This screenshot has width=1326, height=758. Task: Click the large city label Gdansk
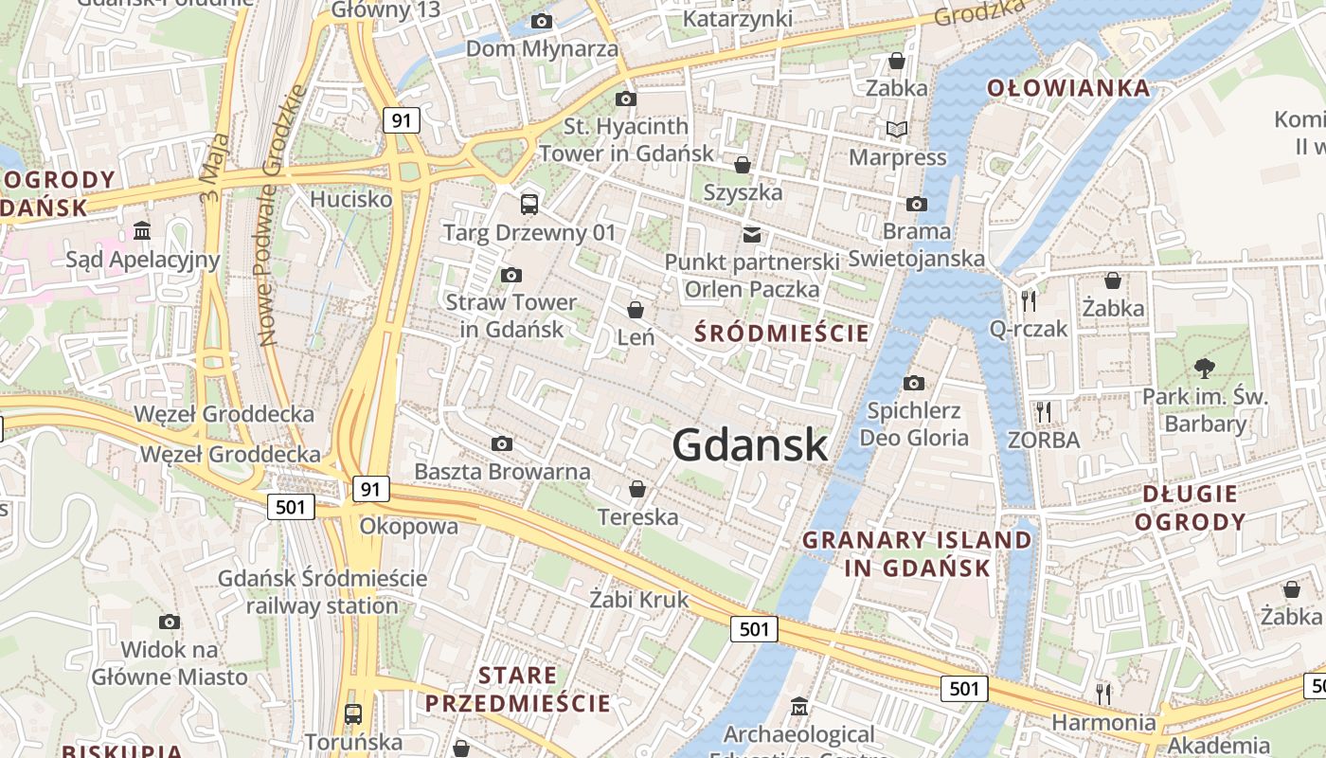pyautogui.click(x=750, y=445)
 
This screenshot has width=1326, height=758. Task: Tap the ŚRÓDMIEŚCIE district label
pyautogui.click(x=781, y=333)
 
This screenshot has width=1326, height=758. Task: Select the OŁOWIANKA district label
pyautogui.click(x=1068, y=89)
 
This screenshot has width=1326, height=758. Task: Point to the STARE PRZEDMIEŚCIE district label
pyautogui.click(x=517, y=689)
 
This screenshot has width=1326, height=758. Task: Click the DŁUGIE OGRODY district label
pyautogui.click(x=1190, y=508)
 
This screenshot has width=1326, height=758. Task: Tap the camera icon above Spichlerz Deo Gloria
pyautogui.click(x=914, y=383)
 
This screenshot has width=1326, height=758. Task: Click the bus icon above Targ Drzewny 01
pyautogui.click(x=529, y=204)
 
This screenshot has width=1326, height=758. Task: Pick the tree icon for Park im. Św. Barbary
pyautogui.click(x=1205, y=368)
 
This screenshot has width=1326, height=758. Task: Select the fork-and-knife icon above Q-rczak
pyautogui.click(x=1029, y=300)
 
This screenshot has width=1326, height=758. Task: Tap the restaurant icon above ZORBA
pyautogui.click(x=1044, y=411)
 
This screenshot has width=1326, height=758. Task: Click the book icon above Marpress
pyautogui.click(x=897, y=129)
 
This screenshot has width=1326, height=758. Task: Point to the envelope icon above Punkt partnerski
pyautogui.click(x=752, y=233)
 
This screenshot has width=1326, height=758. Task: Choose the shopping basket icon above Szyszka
pyautogui.click(x=743, y=165)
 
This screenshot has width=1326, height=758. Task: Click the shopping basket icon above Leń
pyautogui.click(x=636, y=310)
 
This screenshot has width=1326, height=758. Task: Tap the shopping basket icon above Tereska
pyautogui.click(x=637, y=489)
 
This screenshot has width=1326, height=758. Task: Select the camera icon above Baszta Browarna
pyautogui.click(x=502, y=443)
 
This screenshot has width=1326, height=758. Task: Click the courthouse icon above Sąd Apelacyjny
pyautogui.click(x=142, y=230)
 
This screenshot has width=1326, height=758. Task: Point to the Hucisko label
pyautogui.click(x=351, y=199)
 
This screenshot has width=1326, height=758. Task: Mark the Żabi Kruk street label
pyautogui.click(x=639, y=599)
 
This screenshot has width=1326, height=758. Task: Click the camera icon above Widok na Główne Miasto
pyautogui.click(x=170, y=622)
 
